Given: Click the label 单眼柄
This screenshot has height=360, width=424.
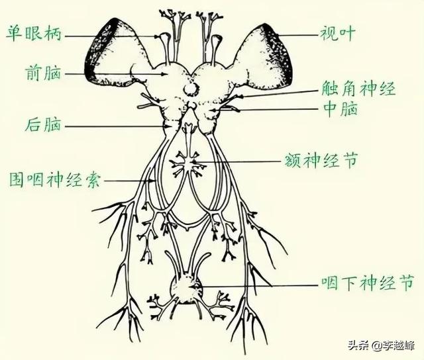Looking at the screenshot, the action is pos(34,33).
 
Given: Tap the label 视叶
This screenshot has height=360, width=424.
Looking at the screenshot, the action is pos(337,34).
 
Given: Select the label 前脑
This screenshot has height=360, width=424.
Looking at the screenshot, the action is pos(43,73).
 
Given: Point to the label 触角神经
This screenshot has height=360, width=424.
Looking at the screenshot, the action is pos(358,89).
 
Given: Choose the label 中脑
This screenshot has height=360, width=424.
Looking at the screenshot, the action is pos(341,109).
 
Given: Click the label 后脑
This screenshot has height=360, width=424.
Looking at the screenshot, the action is pos(43,124).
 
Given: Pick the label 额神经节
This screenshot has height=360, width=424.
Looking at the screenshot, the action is pos(321,160).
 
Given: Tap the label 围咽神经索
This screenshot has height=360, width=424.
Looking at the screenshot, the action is pos(55,179).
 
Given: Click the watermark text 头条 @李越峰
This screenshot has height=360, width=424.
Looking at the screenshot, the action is pos(382,345).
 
